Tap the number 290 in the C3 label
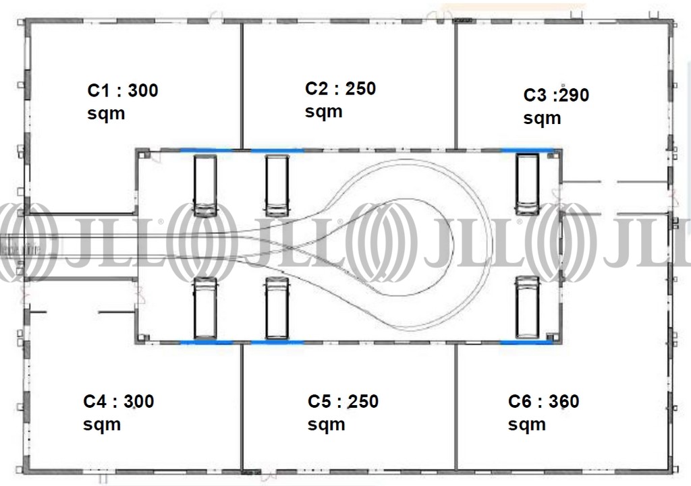point(574,95)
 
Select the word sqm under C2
point(323,112)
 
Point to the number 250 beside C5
point(362,402)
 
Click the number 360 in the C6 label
point(563,402)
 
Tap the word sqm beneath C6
point(526,425)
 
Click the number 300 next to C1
point(143,91)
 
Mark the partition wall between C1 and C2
point(242,86)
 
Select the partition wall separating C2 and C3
point(455,86)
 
